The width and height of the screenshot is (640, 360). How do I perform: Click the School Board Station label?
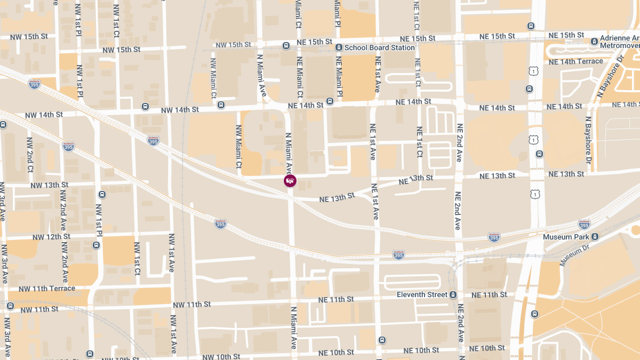379,47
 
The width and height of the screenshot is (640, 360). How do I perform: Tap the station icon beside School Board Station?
339,47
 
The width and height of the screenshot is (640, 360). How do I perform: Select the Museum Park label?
566,236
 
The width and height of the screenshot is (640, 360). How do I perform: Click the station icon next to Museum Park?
595,236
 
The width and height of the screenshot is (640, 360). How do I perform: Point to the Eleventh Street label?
422,294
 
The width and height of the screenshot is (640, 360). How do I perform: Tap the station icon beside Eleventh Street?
453,294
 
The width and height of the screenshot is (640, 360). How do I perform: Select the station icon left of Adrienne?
594,41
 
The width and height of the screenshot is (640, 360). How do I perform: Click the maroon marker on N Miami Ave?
290,181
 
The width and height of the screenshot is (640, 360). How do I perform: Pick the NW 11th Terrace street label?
47,289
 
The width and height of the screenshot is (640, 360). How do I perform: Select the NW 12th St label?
51,237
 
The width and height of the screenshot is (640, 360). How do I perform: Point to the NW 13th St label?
50,185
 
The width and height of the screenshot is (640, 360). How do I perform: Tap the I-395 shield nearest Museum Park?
584,225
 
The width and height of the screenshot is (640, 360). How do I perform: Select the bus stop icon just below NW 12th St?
96,245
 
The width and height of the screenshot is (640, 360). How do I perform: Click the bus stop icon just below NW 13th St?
102,195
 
